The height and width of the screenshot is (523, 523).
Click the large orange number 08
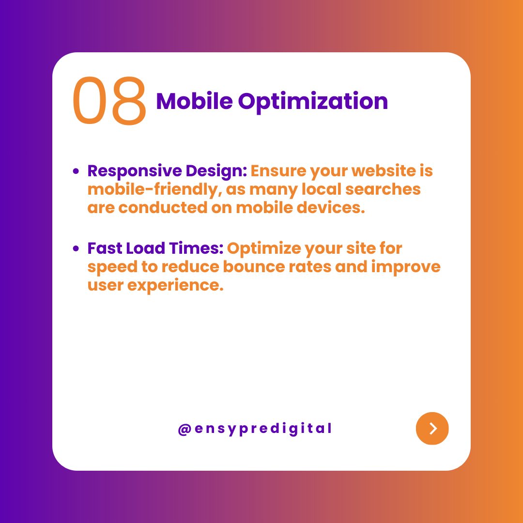[x=109, y=101]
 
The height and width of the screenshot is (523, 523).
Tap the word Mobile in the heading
[x=195, y=101]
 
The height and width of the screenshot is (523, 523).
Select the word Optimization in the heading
[x=313, y=102]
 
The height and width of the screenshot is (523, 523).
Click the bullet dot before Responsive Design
[x=76, y=171]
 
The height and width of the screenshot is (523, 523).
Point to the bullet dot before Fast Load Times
[x=76, y=248]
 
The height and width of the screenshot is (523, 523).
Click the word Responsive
[x=135, y=171]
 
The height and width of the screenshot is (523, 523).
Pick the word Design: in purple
[x=216, y=171]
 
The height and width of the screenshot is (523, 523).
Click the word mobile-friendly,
[x=155, y=189]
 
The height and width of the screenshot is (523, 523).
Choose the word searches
[x=383, y=189]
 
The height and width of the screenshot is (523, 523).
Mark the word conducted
[x=163, y=207]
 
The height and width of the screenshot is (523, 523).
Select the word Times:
[x=196, y=248]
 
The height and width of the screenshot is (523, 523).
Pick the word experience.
[x=175, y=286]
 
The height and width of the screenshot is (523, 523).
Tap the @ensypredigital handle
[x=255, y=429]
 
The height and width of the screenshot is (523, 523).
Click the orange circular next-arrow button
[x=432, y=429]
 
